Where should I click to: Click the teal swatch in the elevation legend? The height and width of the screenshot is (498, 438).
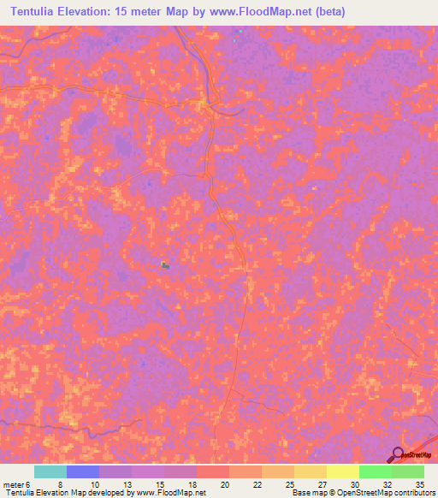click(x=50, y=471)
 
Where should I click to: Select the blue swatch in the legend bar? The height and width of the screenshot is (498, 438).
click(x=82, y=471)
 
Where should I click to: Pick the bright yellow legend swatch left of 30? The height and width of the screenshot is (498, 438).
click(x=342, y=471)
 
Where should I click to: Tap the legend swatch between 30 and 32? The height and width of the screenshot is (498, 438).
click(x=375, y=471)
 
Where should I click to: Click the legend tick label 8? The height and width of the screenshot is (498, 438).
click(x=60, y=484)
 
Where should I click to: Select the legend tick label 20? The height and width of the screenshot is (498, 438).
click(x=223, y=484)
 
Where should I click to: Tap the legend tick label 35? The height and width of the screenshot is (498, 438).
click(x=418, y=484)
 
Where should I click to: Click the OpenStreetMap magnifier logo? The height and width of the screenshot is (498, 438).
click(x=399, y=454)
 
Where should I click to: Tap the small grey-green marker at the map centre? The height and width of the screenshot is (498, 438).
click(x=165, y=265)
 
